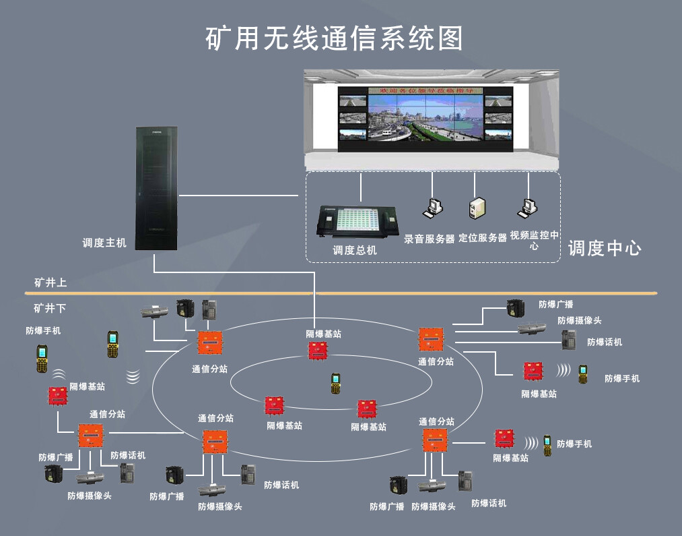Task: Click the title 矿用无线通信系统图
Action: pos(334,38)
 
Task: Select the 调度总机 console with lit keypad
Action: pos(357,220)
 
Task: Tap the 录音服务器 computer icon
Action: pos(432,208)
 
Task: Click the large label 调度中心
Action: pos(604,248)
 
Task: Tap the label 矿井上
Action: pos(50,282)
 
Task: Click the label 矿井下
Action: pos(50,308)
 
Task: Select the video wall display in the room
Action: pos(425,115)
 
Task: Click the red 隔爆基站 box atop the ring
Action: pos(318,351)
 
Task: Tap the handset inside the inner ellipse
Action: pos(335,384)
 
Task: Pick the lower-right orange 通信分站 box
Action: pos(434,440)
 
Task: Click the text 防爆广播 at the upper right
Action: pos(555,305)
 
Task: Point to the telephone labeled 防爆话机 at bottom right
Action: pos(465,482)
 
